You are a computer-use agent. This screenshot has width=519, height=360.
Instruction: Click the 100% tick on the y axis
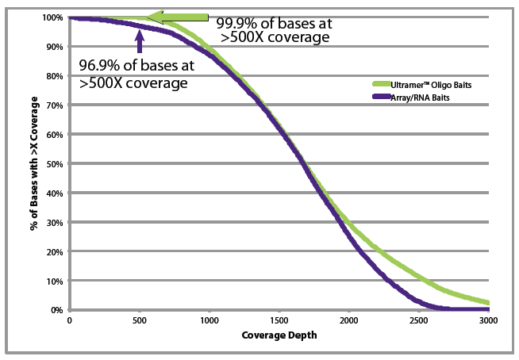[x=53, y=17]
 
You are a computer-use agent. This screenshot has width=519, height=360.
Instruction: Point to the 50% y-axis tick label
[x=56, y=163]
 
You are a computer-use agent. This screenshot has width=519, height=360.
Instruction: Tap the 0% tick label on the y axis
[x=58, y=310]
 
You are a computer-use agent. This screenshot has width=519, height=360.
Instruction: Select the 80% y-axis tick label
[x=56, y=76]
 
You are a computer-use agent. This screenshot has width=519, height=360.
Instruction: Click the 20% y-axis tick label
[x=56, y=251]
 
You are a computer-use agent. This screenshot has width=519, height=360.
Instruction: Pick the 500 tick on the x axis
[x=139, y=321]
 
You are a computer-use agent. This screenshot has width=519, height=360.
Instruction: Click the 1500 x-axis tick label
[x=279, y=321]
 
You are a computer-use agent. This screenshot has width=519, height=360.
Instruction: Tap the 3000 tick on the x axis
[x=487, y=321]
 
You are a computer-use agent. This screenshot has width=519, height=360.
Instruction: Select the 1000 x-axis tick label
[x=209, y=321]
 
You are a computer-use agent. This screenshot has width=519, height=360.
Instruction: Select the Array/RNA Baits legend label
[x=421, y=96]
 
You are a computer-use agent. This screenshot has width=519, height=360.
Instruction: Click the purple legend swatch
[x=379, y=96]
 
